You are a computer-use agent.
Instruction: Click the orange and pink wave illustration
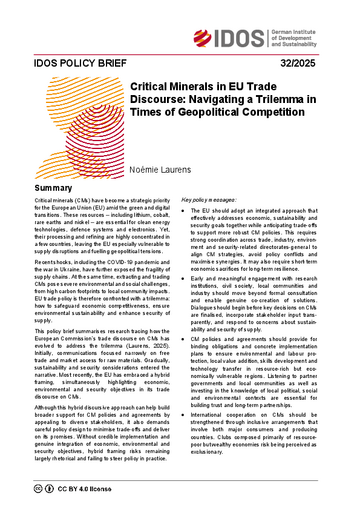click(70, 130)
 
